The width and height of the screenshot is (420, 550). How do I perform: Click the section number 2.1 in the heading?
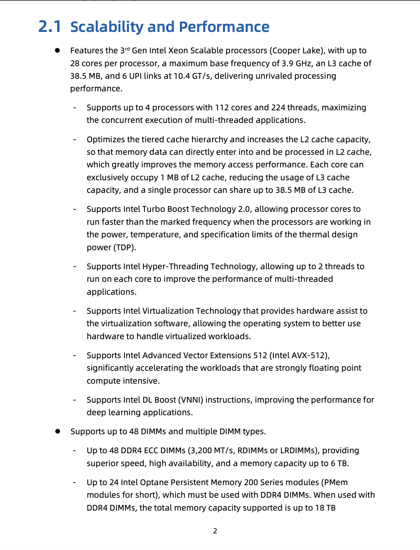click(x=50, y=27)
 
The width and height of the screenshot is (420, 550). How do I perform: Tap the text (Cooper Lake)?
click(x=297, y=51)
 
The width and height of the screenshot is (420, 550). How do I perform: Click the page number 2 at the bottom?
click(x=215, y=531)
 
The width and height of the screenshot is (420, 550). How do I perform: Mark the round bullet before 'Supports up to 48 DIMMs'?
click(x=58, y=431)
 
